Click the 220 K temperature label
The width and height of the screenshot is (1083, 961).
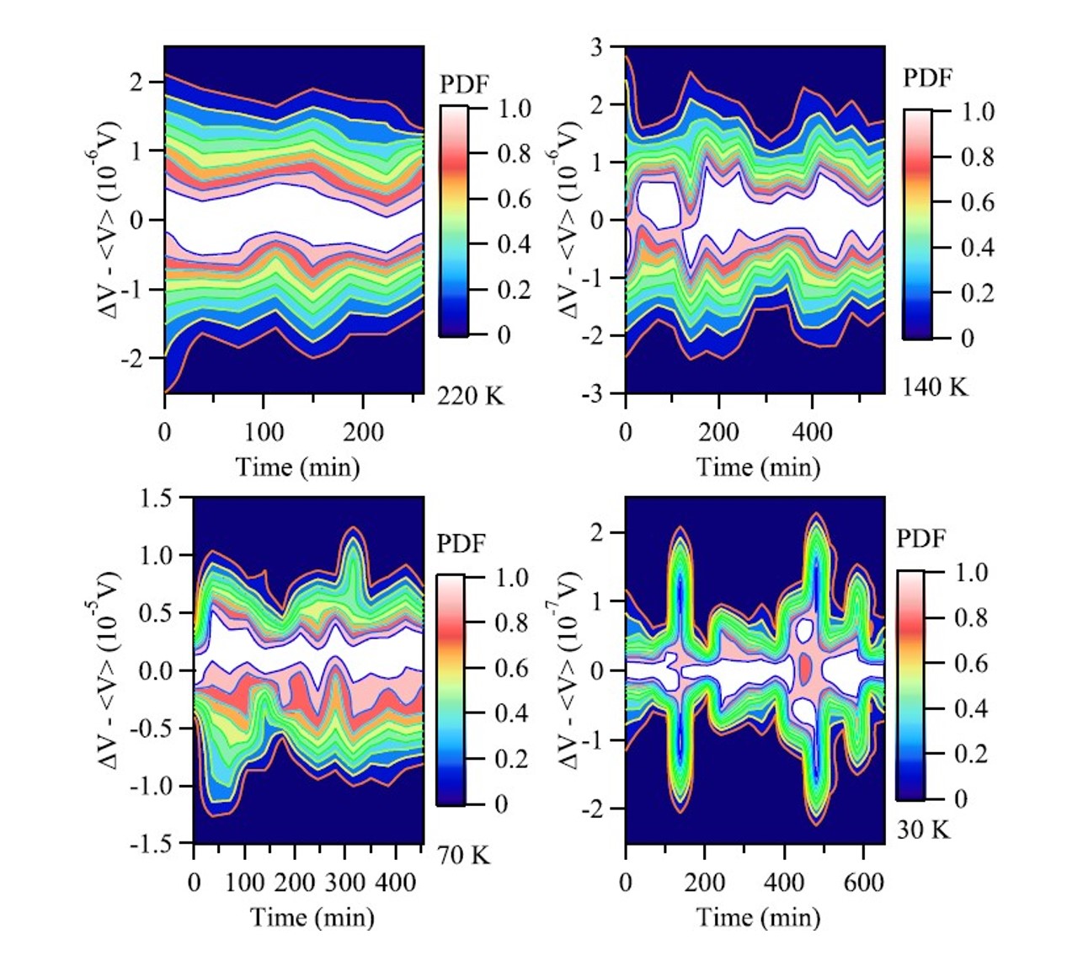470,394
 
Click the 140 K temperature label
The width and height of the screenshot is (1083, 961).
935,387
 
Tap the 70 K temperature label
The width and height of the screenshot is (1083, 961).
463,856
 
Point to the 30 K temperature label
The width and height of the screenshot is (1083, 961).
923,830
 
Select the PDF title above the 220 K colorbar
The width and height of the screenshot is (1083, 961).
464,84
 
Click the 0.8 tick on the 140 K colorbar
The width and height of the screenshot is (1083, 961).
977,157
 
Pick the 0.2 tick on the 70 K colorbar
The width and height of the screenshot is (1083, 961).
512,759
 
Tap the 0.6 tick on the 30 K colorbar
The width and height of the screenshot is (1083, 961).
970,664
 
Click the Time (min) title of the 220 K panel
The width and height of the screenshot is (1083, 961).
297,467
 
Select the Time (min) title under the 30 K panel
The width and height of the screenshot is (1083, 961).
758,917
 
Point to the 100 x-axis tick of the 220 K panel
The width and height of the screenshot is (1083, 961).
264,432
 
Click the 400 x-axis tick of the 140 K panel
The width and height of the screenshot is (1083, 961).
812,432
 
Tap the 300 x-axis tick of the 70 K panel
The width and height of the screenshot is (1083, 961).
345,883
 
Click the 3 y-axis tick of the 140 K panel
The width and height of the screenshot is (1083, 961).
596,47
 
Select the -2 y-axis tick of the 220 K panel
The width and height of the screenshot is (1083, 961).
134,359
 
